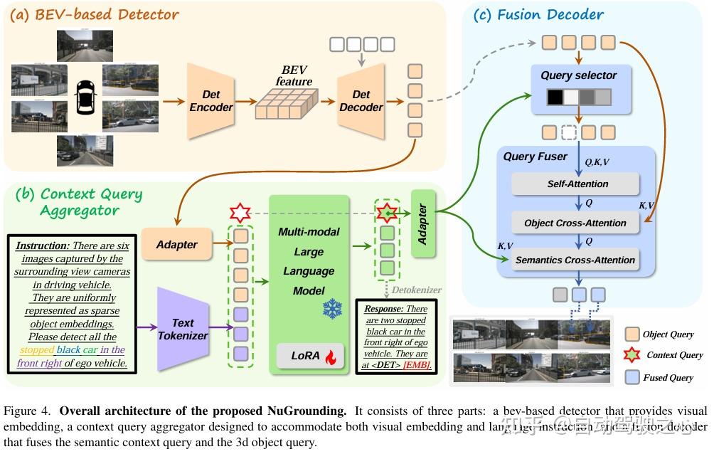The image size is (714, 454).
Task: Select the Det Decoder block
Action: coord(361,100)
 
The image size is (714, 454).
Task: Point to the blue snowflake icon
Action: coord(331,309)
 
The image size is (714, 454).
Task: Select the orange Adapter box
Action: coord(176,244)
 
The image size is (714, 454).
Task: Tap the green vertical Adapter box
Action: coord(422,225)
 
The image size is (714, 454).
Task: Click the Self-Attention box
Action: coord(577,184)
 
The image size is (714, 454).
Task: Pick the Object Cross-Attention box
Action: coord(575,223)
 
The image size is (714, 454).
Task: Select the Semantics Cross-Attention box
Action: coord(575,260)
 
